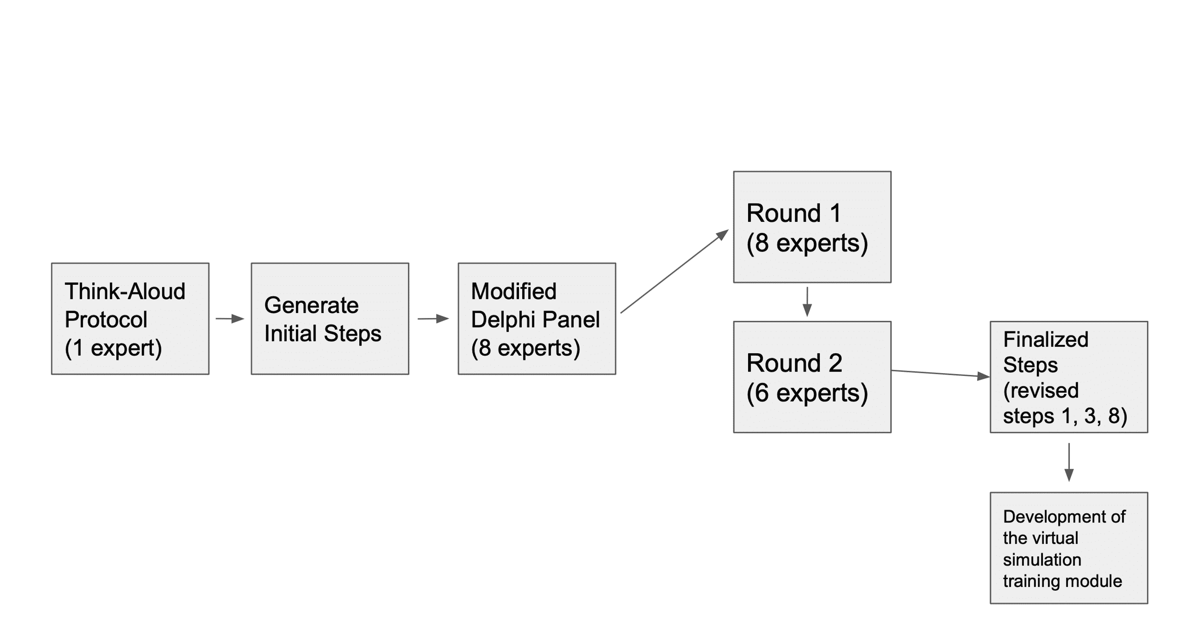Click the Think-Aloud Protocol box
coord(130,319)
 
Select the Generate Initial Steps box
coord(330,319)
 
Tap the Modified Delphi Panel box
coord(537,319)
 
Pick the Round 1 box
coord(812,227)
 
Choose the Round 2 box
coord(812,377)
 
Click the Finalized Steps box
coord(1069,377)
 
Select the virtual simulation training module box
coord(1069,548)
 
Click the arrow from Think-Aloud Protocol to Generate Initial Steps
coord(230,319)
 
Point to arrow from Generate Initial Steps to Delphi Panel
coord(433,319)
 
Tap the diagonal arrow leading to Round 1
coord(674,272)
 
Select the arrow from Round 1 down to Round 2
coord(807,301)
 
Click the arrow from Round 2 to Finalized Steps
coord(940,374)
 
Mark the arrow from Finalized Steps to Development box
coord(1069,462)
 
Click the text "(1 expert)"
coord(113,348)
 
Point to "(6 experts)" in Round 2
coord(807,393)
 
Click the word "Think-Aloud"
coord(125,292)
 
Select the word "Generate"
coord(311,305)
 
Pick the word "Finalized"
coord(1046,339)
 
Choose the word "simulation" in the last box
coord(1042,560)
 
